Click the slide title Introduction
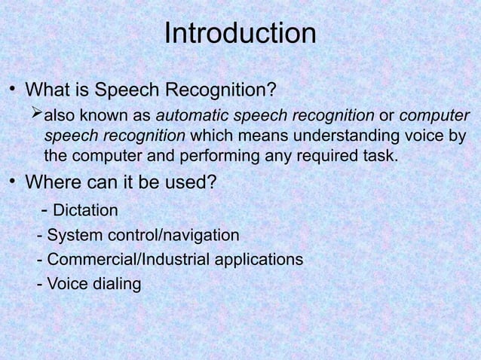240,34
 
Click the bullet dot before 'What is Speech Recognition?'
13,91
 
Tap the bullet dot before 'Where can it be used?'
13,182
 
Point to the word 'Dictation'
85,210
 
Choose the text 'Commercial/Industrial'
128,260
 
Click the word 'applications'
259,260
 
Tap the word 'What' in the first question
50,91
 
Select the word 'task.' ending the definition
380,156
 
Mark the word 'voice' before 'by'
423,136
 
